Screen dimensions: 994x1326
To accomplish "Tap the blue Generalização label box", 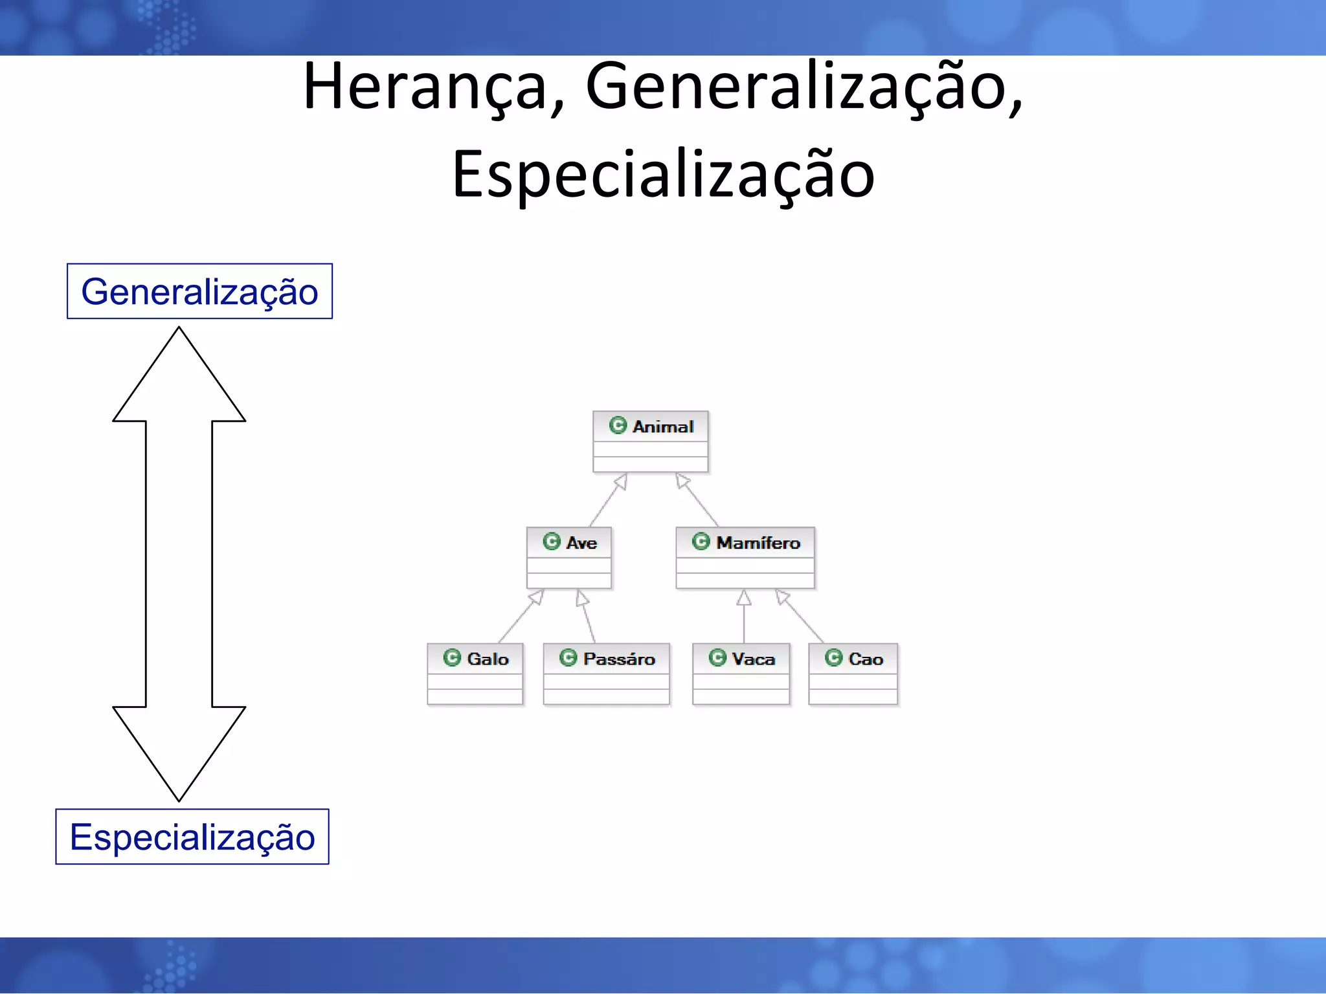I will (x=199, y=291).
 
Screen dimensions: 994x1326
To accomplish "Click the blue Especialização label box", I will (x=192, y=837).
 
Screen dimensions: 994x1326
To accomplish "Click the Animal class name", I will (x=662, y=426).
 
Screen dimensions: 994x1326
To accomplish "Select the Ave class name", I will (x=581, y=543).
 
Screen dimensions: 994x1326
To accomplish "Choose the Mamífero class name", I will (x=758, y=543).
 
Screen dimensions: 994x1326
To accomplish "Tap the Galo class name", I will (x=488, y=659).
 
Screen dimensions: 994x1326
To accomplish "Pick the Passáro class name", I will (x=618, y=659).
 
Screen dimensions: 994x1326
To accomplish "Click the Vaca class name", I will (x=753, y=659).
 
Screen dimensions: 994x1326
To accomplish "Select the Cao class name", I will (x=865, y=659).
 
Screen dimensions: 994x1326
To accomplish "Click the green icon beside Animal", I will (x=618, y=425).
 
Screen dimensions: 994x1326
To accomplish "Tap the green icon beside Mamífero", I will (x=701, y=541).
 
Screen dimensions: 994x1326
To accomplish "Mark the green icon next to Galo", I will (x=452, y=657).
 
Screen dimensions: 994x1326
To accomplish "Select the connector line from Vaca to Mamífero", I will (x=743, y=621).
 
